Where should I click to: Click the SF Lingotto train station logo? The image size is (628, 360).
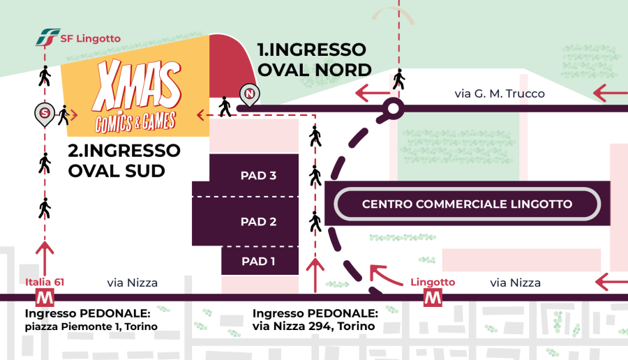pos(48,37)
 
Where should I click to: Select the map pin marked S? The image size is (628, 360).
pos(45,114)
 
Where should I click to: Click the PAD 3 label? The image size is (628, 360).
pos(258,175)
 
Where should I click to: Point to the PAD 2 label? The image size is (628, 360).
pos(258,221)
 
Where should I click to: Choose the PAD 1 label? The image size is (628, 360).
pos(258,261)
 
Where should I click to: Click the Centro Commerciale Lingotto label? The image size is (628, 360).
pos(467,204)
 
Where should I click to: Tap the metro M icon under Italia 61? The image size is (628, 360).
pos(45,297)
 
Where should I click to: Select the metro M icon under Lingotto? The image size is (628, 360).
pos(433,297)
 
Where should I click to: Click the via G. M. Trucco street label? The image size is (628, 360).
pos(500,93)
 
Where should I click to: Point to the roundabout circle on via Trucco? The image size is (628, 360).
pos(394,109)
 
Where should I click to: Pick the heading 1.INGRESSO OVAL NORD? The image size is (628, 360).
pos(315,60)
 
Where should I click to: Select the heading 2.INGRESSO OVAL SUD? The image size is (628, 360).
pos(124,160)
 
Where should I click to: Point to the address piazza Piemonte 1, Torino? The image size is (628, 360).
pos(91,327)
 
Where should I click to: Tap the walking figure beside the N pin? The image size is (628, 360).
pos(225,107)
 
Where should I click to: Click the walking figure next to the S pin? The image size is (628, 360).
pos(63,115)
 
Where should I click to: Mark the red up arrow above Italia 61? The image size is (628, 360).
pos(45,259)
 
